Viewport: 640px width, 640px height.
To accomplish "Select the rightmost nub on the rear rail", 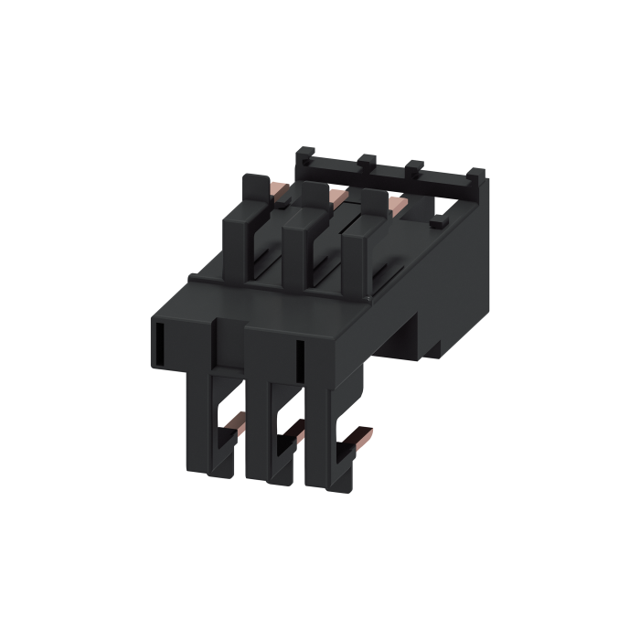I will [476, 173].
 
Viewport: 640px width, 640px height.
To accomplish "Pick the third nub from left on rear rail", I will [414, 167].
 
